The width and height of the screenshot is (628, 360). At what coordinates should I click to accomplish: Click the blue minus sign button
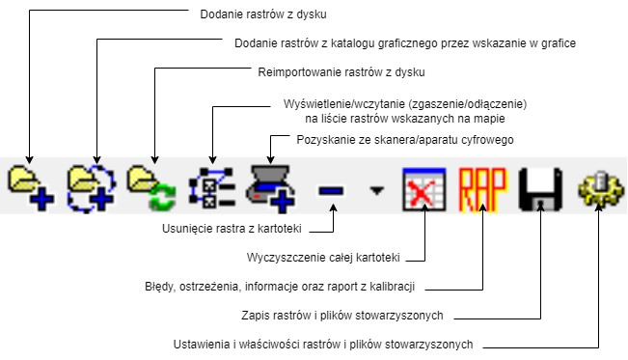(331, 190)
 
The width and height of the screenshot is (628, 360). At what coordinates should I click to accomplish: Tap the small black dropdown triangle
(377, 190)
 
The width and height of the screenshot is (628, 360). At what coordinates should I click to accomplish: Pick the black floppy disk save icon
(540, 188)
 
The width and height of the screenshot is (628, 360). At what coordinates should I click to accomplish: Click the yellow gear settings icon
(599, 188)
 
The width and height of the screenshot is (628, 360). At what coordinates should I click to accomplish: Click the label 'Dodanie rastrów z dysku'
(263, 14)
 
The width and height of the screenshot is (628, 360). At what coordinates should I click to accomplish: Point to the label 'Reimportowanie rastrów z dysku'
(342, 72)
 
